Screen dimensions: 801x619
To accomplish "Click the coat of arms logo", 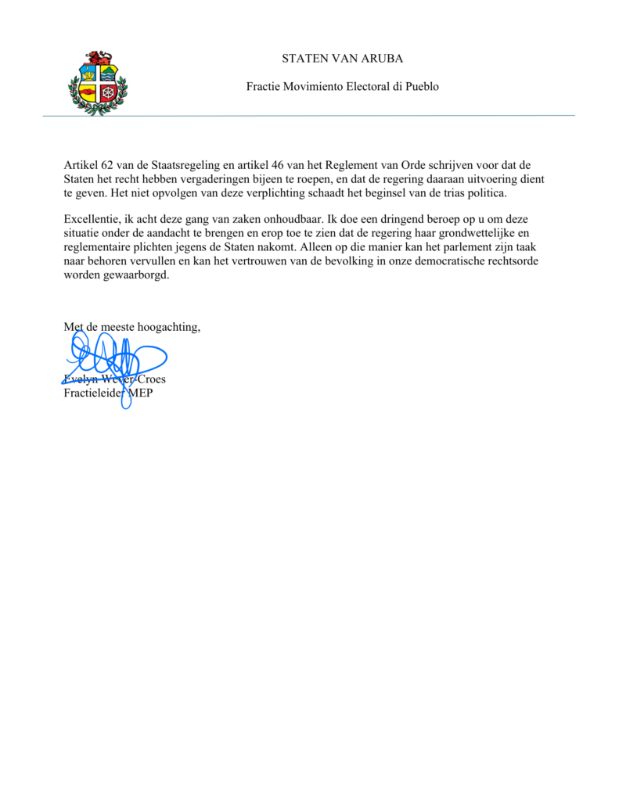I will click(x=97, y=83).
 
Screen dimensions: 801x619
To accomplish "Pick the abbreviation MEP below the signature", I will click(x=140, y=393).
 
